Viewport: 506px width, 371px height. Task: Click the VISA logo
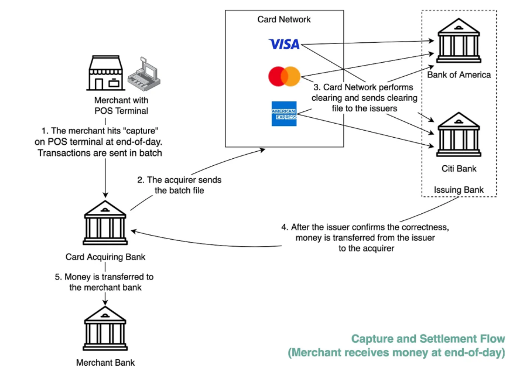(x=284, y=44)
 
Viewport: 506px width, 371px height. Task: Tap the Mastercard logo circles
(x=284, y=76)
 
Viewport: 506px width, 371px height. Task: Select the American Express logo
(x=284, y=114)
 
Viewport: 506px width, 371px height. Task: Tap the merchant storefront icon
(x=105, y=74)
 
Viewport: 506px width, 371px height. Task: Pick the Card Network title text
(x=284, y=19)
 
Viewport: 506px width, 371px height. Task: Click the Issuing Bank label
(x=459, y=190)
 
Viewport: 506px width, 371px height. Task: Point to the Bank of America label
(x=459, y=75)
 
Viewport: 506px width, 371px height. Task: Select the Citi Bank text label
(x=459, y=169)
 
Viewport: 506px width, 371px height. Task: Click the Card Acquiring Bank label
(x=105, y=257)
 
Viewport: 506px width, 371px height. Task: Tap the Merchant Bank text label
(x=105, y=362)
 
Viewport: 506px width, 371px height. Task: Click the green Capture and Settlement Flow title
(x=428, y=339)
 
